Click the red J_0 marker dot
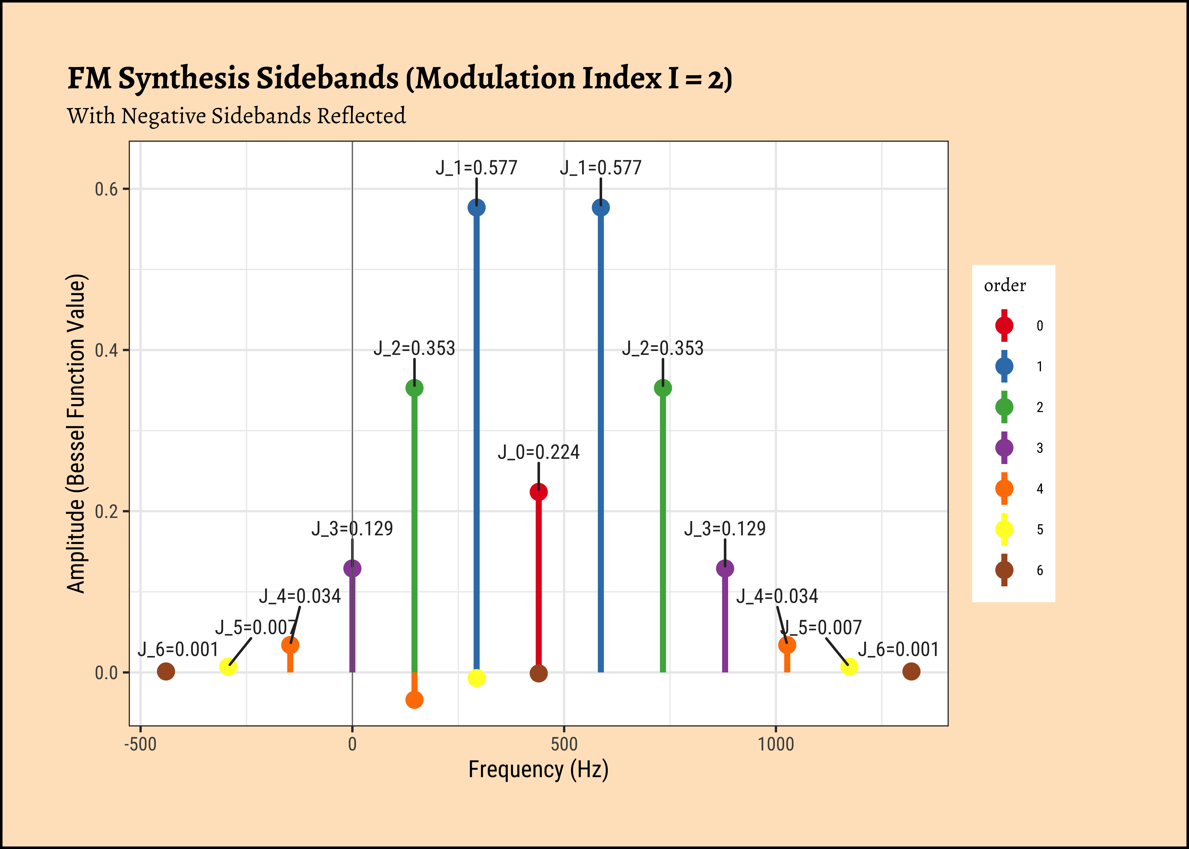pos(538,492)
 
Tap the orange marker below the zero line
pos(414,700)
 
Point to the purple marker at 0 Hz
pos(352,568)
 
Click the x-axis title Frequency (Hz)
pos(538,769)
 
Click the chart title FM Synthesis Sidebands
pos(400,78)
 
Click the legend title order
pos(1004,286)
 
